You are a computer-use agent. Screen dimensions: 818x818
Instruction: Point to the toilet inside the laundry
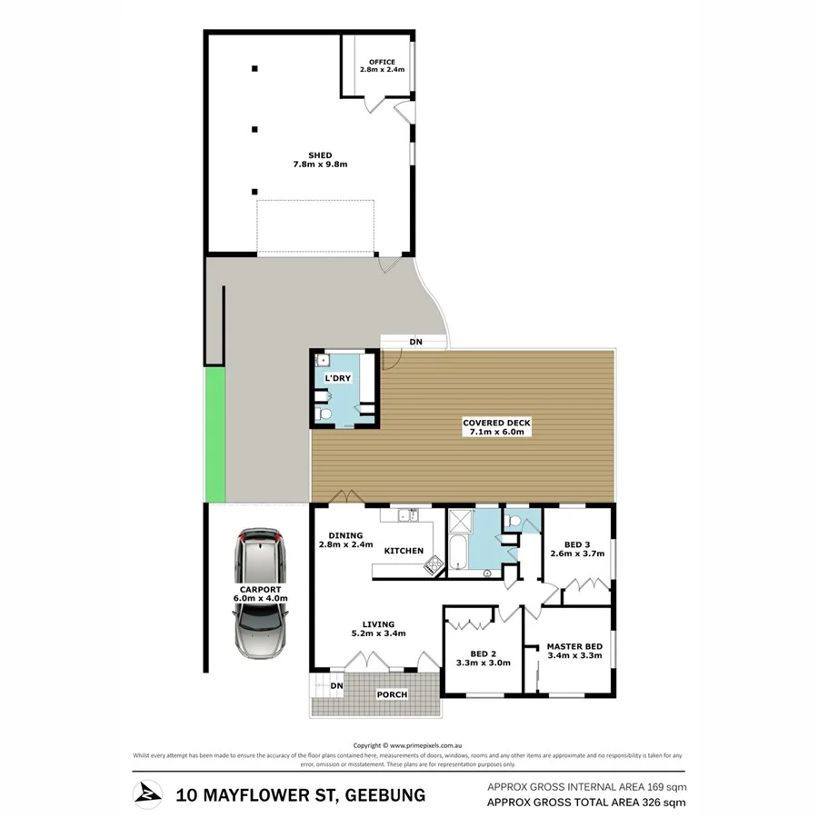[x=324, y=414]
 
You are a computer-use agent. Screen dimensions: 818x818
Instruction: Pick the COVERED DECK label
[x=495, y=424]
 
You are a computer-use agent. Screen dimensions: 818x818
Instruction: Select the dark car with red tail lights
[x=261, y=555]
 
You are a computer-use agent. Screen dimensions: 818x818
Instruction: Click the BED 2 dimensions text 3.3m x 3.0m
[x=483, y=663]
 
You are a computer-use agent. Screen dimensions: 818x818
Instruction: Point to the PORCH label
[x=392, y=695]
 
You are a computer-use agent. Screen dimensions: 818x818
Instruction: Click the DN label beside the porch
[x=335, y=686]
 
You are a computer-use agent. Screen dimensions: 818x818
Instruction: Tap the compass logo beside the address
[x=147, y=793]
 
